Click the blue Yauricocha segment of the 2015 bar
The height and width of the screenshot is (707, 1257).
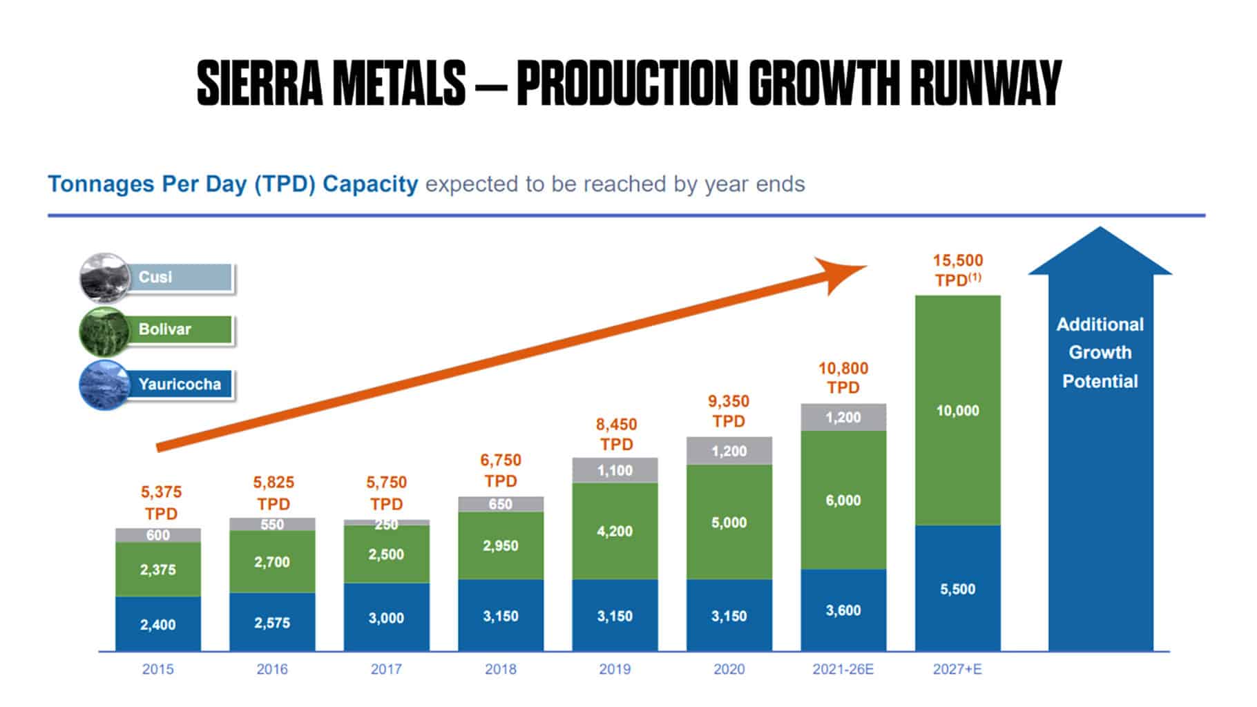pyautogui.click(x=157, y=624)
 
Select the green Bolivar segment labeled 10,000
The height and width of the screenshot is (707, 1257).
pyautogui.click(x=957, y=411)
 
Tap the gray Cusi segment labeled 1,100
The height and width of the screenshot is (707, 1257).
pyautogui.click(x=615, y=470)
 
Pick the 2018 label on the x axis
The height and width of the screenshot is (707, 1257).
pyautogui.click(x=500, y=669)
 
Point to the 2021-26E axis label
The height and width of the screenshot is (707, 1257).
pyautogui.click(x=843, y=669)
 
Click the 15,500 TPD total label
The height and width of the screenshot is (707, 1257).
pyautogui.click(x=957, y=270)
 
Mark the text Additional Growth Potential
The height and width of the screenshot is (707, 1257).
pyautogui.click(x=1100, y=353)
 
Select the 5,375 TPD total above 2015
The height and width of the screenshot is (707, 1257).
pyautogui.click(x=161, y=503)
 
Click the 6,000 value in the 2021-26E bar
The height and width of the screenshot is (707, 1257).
pyautogui.click(x=843, y=501)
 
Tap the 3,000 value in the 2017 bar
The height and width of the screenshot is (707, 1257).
pyautogui.click(x=386, y=618)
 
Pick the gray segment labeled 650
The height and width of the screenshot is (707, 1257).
pyautogui.click(x=500, y=504)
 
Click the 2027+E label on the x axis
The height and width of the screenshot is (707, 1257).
pyautogui.click(x=957, y=669)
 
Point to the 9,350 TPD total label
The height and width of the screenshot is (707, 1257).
pyautogui.click(x=729, y=411)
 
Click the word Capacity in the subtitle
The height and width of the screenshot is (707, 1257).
pyautogui.click(x=370, y=184)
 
